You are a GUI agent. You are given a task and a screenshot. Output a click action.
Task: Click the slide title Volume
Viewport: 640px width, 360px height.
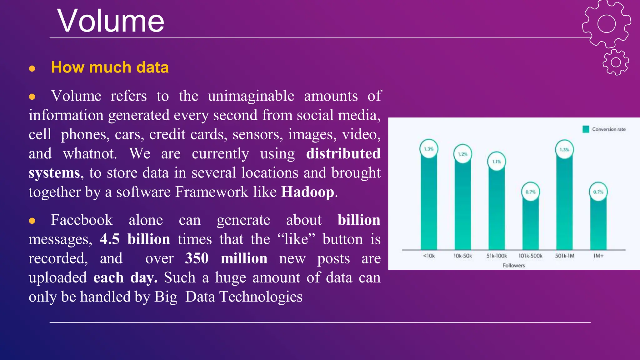pyautogui.click(x=111, y=21)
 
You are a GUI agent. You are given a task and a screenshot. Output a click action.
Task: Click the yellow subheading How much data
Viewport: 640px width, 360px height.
pyautogui.click(x=110, y=67)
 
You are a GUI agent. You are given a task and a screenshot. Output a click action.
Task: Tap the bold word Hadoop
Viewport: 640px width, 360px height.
pyautogui.click(x=307, y=192)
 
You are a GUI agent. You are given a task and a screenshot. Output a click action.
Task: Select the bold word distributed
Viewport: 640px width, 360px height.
pyautogui.click(x=343, y=153)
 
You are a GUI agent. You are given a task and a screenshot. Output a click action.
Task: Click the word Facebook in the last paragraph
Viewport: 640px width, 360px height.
pyautogui.click(x=82, y=220)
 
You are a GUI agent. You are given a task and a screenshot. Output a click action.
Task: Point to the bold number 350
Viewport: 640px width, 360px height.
pyautogui.click(x=197, y=258)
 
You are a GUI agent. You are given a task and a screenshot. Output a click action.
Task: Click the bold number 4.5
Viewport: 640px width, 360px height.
pyautogui.click(x=110, y=239)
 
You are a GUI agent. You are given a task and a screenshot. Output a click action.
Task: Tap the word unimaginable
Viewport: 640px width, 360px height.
pyautogui.click(x=251, y=96)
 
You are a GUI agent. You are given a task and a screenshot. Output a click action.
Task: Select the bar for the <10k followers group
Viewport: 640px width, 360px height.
pyautogui.click(x=429, y=203)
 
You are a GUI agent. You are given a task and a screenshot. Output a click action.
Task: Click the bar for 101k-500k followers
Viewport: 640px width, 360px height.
pyautogui.click(x=530, y=225)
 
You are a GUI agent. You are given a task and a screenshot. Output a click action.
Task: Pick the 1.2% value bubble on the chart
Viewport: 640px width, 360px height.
pyautogui.click(x=462, y=154)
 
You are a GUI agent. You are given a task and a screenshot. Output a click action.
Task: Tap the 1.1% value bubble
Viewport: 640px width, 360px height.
pyautogui.click(x=497, y=162)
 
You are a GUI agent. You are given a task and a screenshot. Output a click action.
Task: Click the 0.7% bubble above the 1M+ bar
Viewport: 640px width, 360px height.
pyautogui.click(x=598, y=192)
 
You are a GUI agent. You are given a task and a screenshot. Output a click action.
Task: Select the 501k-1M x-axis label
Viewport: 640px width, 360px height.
pyautogui.click(x=564, y=256)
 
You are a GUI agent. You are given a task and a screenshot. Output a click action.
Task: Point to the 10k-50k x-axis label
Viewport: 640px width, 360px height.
pyautogui.click(x=462, y=256)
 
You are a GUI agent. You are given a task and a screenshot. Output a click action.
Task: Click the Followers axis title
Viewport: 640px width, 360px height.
pyautogui.click(x=513, y=265)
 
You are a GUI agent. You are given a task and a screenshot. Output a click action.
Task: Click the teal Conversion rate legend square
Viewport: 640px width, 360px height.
pyautogui.click(x=586, y=129)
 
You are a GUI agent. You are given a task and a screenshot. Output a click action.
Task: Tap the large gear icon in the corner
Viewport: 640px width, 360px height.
pyautogui.click(x=606, y=24)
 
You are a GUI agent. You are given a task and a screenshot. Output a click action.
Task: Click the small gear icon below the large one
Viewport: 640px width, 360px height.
pyautogui.click(x=616, y=62)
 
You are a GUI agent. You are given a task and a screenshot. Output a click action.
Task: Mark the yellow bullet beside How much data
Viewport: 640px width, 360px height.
pyautogui.click(x=32, y=68)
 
